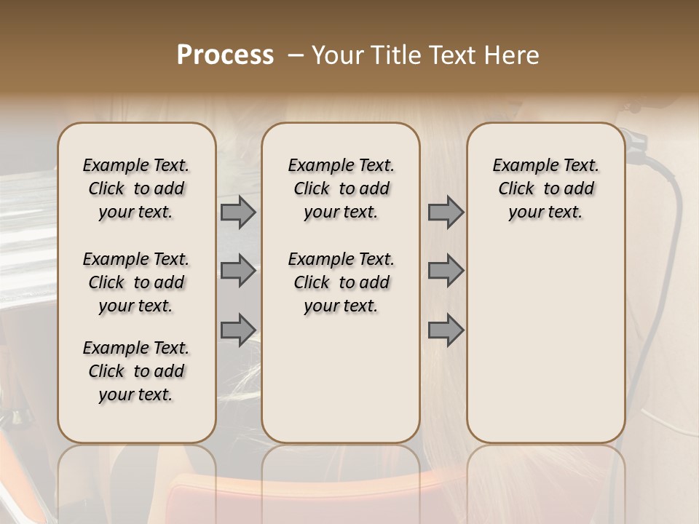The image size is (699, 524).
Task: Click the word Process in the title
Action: (225, 55)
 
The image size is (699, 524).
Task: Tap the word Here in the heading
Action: (511, 55)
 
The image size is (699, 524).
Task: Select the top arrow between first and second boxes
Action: (238, 213)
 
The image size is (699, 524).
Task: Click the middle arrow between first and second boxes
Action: (238, 271)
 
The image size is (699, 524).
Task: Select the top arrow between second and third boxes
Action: (446, 213)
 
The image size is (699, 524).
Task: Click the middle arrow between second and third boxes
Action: (446, 271)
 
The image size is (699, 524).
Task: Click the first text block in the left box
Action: (136, 188)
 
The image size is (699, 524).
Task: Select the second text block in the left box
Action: (136, 282)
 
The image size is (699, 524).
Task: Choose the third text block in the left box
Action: (136, 371)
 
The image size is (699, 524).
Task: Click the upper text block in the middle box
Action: (341, 188)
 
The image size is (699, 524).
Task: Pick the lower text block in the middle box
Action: (341, 282)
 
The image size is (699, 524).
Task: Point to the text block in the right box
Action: (545, 188)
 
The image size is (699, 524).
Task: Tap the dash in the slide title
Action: (296, 56)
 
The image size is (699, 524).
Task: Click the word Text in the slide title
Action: (451, 55)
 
